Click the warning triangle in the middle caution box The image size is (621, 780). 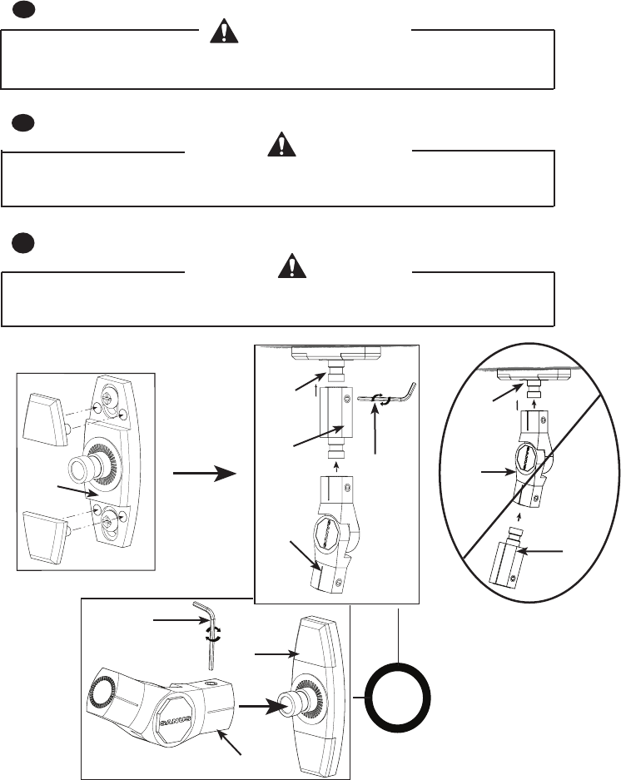282,146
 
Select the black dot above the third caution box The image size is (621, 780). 24,241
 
